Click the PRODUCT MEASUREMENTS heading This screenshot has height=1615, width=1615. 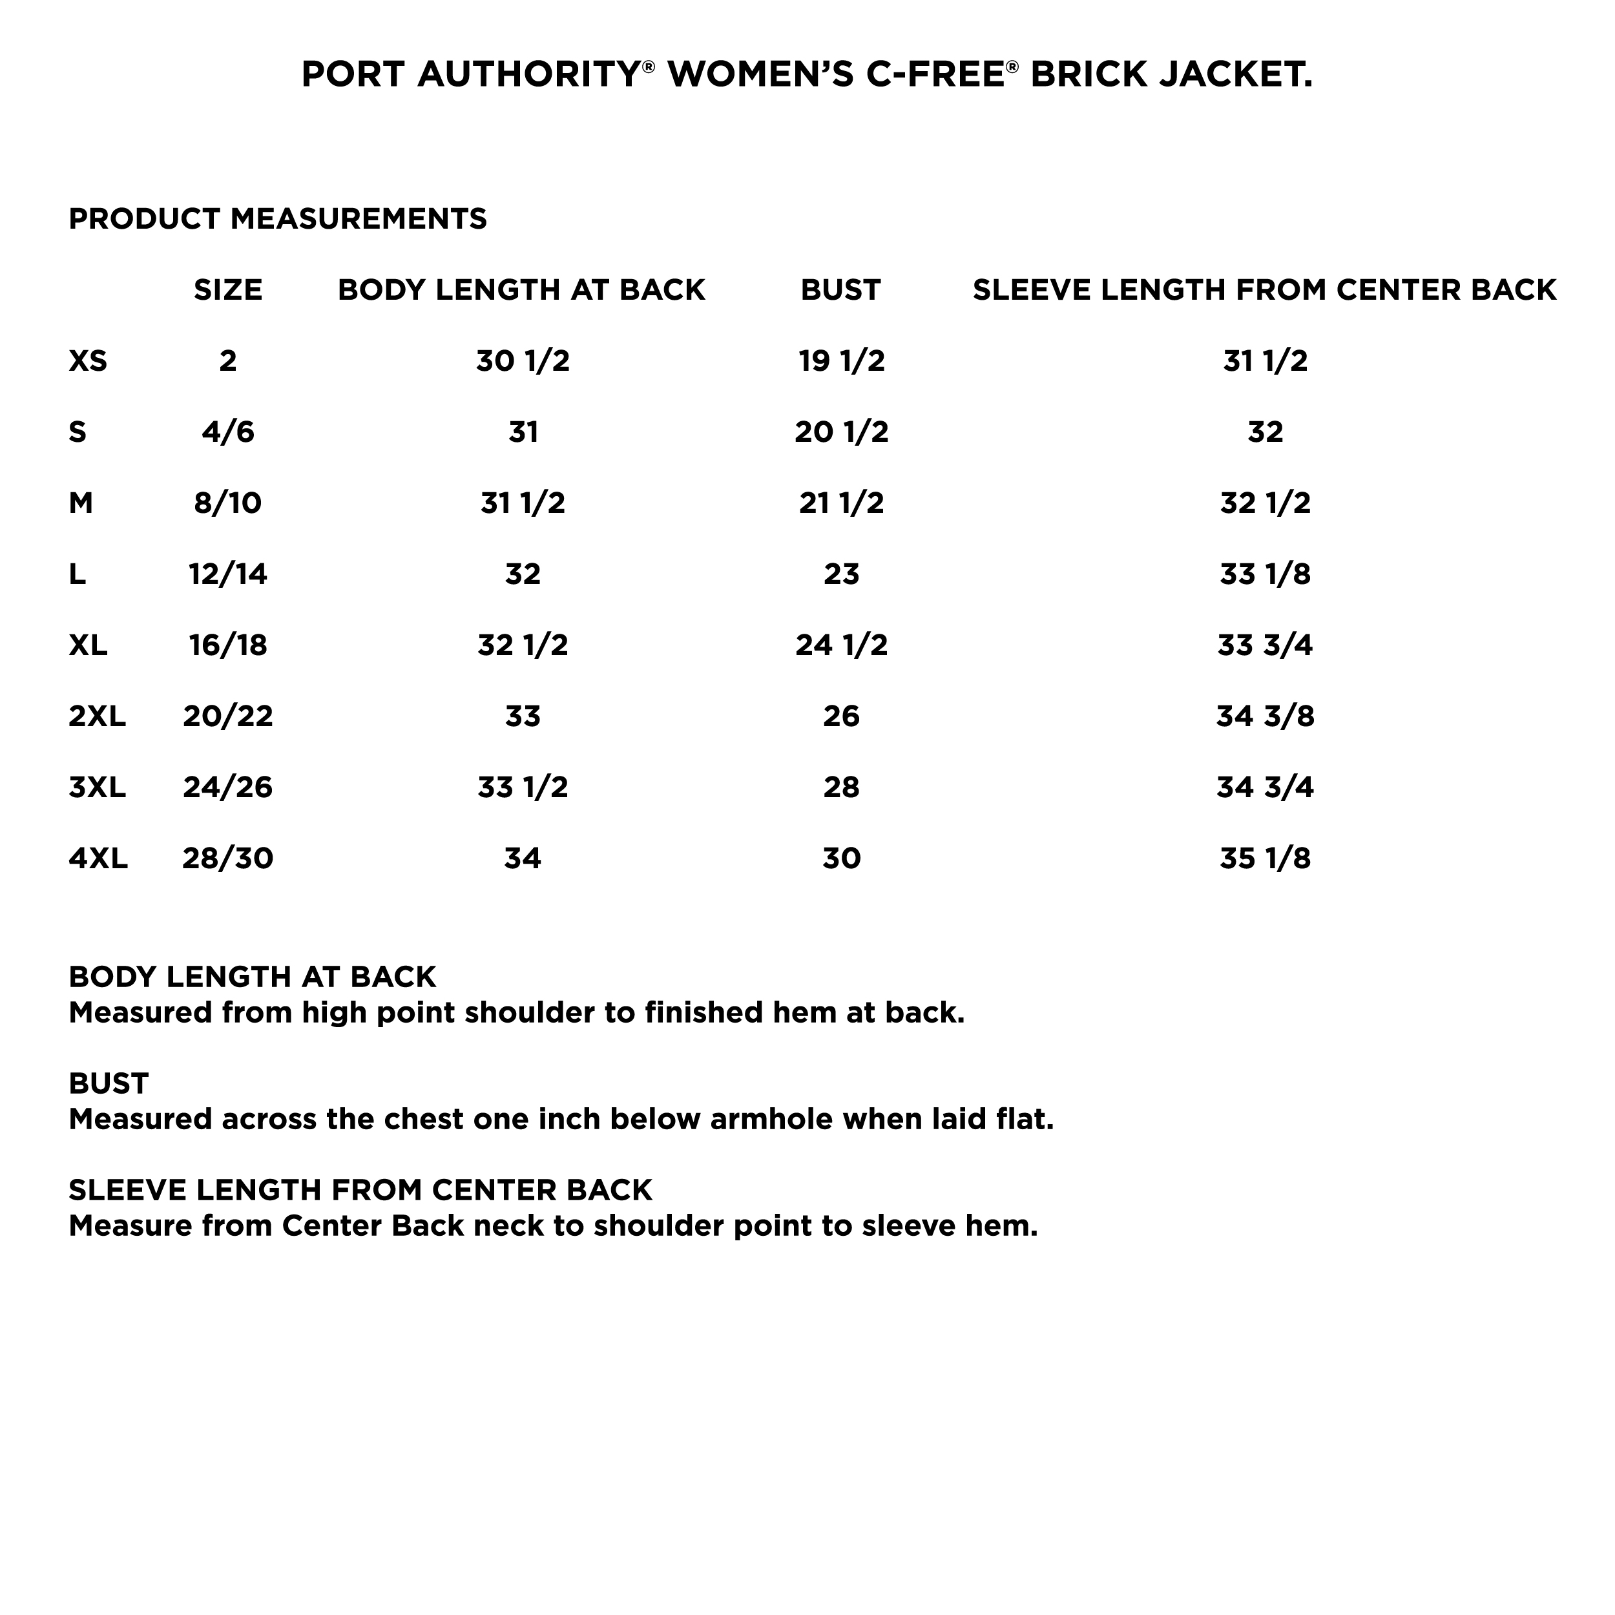point(278,219)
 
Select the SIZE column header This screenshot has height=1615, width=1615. point(227,290)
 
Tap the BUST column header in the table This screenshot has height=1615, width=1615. point(840,290)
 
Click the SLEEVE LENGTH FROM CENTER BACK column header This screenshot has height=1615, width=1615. point(1264,290)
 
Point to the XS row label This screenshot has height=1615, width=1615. point(88,361)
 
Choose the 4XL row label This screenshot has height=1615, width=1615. point(98,859)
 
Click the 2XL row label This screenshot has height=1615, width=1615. point(97,716)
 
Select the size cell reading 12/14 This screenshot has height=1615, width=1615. point(227,574)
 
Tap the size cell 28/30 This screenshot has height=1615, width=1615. point(227,859)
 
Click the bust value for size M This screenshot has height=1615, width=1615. point(841,503)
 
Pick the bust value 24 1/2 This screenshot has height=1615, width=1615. point(841,645)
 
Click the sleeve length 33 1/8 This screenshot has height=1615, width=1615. point(1265,574)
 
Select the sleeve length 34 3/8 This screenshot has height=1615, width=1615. point(1265,716)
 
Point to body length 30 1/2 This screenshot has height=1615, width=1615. point(523,361)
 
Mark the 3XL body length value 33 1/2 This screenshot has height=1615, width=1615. point(523,787)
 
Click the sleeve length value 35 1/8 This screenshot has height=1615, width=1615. point(1265,859)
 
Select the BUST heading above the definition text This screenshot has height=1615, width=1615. point(109,1083)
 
